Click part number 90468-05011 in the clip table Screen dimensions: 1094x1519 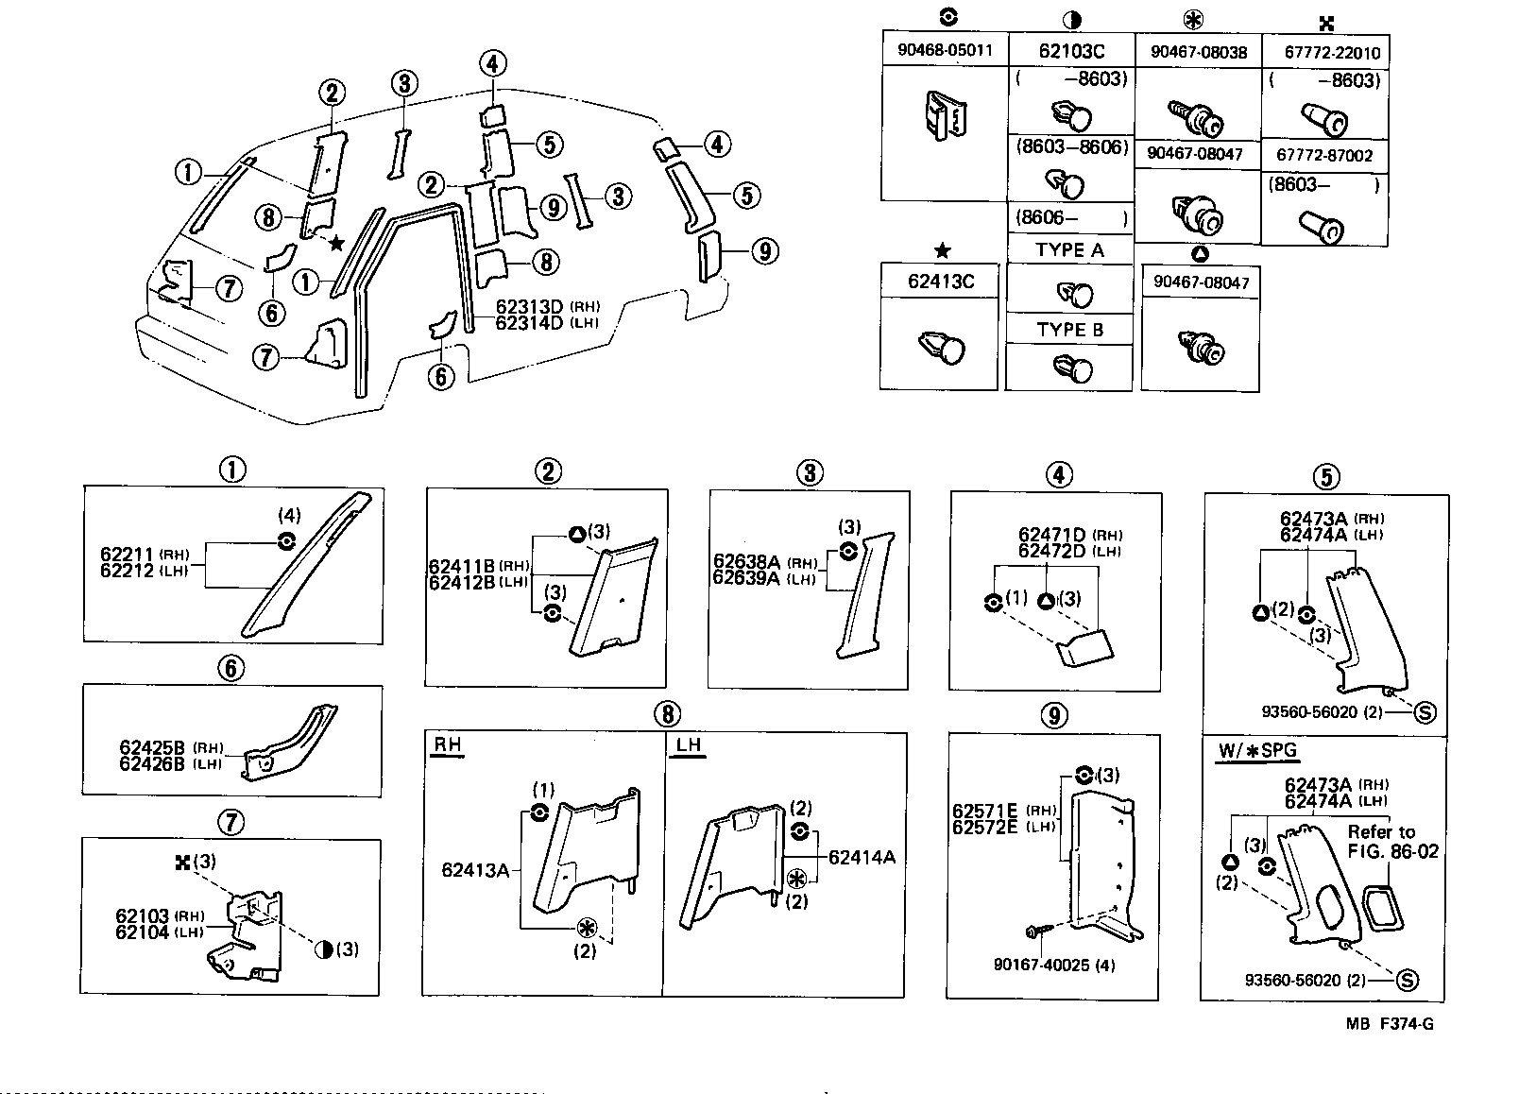click(x=945, y=50)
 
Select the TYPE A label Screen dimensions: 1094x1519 click(x=1069, y=249)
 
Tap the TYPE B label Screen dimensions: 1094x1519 click(x=1069, y=330)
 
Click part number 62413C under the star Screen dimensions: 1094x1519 click(x=939, y=281)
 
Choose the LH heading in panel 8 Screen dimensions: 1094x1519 click(x=689, y=744)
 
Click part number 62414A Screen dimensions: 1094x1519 click(x=861, y=857)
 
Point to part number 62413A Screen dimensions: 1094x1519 click(x=474, y=869)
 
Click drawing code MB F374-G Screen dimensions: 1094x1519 click(x=1390, y=1024)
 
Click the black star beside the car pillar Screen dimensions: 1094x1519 click(x=336, y=243)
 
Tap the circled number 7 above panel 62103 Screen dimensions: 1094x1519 click(x=231, y=823)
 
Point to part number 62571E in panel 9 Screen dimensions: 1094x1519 click(x=984, y=810)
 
